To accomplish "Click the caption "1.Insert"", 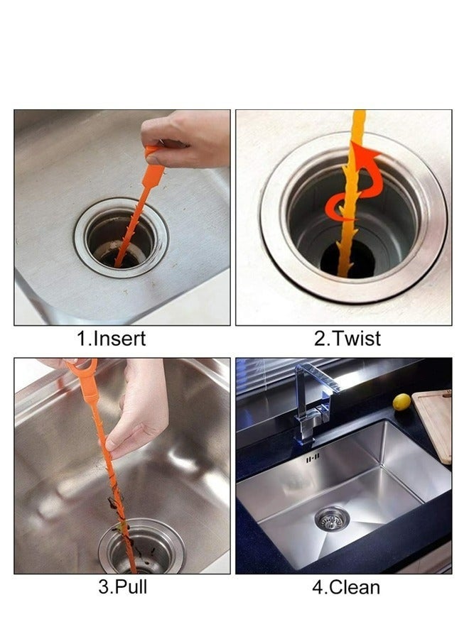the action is pyautogui.click(x=112, y=339).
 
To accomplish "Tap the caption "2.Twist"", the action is pyautogui.click(x=347, y=339).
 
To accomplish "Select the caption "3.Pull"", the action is pyautogui.click(x=123, y=587).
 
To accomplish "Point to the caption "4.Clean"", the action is pyautogui.click(x=346, y=587).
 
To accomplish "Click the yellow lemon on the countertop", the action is pyautogui.click(x=401, y=403).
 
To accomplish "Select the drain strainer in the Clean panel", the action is pyautogui.click(x=332, y=519).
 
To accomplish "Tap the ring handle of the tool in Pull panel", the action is pyautogui.click(x=82, y=367).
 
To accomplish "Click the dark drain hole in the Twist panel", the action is pyautogui.click(x=349, y=259).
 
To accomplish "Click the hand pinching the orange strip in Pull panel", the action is pyautogui.click(x=136, y=412).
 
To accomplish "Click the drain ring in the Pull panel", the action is pyautogui.click(x=141, y=546).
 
